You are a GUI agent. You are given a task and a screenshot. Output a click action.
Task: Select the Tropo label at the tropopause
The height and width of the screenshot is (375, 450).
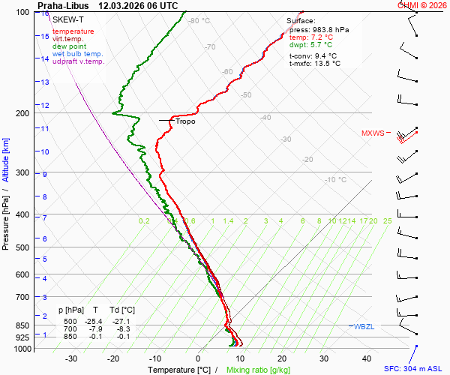(185, 121)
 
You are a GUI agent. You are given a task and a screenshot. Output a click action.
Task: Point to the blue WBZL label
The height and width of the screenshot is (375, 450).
(364, 326)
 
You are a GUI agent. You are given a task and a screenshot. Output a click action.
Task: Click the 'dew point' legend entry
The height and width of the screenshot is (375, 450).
(70, 46)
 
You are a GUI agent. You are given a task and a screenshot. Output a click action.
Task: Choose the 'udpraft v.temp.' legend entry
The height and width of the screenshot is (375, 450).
(78, 61)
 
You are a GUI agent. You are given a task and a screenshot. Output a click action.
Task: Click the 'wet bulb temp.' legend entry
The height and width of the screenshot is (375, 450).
(78, 54)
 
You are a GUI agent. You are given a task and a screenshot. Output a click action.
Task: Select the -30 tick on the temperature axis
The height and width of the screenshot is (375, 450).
(71, 359)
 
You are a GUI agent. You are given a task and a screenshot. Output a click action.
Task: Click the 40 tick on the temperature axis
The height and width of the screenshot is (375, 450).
(367, 359)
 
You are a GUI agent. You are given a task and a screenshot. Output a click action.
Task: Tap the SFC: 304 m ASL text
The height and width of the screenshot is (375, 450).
(415, 369)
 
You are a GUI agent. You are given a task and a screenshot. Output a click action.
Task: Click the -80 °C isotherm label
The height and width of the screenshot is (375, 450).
(199, 21)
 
